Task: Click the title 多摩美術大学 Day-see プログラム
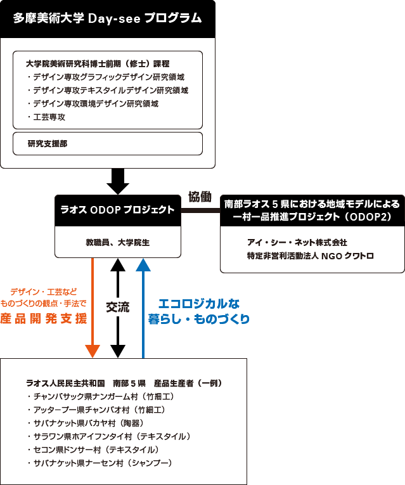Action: [x=108, y=18]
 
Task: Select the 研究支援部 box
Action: [x=108, y=143]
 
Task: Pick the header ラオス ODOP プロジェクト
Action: [x=117, y=210]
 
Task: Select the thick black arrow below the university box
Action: [x=118, y=180]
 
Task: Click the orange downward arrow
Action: [x=93, y=304]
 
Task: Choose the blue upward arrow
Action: [x=144, y=304]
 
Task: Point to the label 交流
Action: [x=118, y=307]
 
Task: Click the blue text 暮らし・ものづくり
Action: [x=199, y=318]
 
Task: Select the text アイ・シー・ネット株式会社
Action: [x=297, y=242]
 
